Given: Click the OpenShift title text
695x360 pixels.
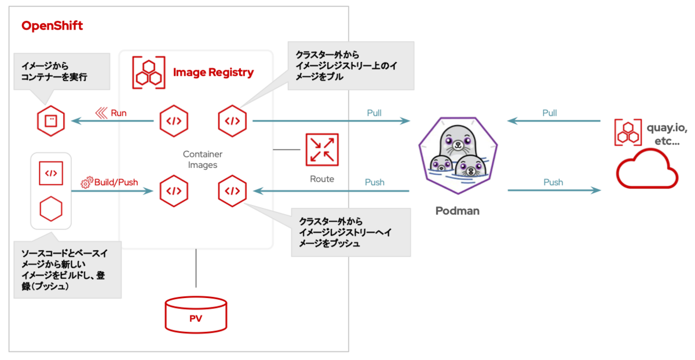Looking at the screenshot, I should point(52,26).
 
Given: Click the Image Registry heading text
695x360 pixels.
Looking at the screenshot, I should point(213,72).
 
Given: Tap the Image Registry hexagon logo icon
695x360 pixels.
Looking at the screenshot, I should point(148,72).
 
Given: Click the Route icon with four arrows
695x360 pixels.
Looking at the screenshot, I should point(322,149).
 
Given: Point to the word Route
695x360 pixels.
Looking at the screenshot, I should point(322,179).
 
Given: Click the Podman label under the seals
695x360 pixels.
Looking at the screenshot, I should point(457,211).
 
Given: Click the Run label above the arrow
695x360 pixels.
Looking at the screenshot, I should point(118,113).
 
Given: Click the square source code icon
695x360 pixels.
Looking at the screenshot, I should point(51,173).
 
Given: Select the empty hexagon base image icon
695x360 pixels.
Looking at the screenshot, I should point(51,207).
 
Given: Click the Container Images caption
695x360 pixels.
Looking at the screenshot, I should point(202,160).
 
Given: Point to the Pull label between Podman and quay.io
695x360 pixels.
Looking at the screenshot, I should point(549,113).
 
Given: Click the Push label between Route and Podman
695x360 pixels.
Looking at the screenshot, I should point(374,182).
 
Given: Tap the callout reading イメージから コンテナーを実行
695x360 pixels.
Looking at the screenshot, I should point(62,72).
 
